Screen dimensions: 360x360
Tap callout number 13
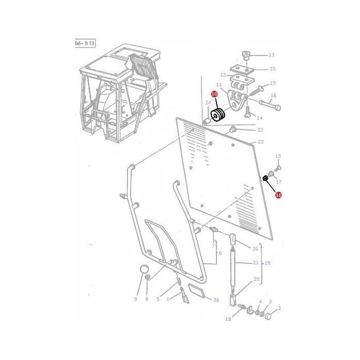272,55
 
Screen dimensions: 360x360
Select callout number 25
272,69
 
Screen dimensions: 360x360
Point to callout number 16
273,96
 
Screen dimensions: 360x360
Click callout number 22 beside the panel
260,142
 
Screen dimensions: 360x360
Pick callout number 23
260,130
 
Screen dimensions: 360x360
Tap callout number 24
208,103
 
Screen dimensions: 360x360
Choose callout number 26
216,300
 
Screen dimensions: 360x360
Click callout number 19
267,263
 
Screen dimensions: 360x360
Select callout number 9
136,299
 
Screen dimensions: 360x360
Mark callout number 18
228,319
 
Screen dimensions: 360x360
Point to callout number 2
279,309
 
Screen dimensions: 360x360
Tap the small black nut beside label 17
265,178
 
